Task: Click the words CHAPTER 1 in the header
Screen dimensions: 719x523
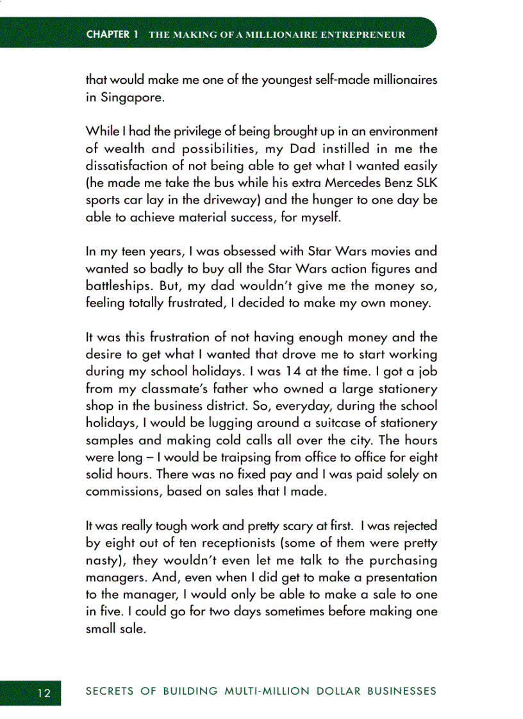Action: point(112,34)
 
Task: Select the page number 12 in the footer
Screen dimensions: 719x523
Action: point(44,692)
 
